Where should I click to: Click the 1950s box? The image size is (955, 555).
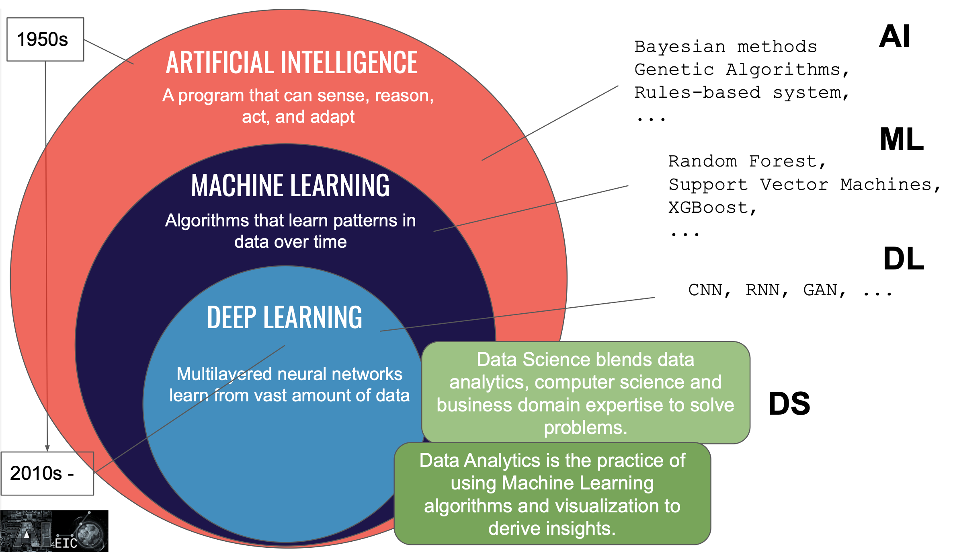click(45, 39)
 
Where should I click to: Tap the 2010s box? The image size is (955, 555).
click(47, 473)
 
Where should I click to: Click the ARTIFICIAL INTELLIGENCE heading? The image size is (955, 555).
click(292, 63)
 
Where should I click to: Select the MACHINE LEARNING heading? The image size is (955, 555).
click(290, 185)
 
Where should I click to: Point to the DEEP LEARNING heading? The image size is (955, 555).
click(285, 317)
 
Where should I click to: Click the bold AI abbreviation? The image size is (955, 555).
click(894, 37)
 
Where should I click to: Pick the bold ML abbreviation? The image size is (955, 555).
click(902, 140)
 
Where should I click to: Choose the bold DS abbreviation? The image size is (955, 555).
click(789, 404)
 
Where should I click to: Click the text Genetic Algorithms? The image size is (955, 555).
click(738, 70)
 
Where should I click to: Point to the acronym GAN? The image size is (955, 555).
click(820, 290)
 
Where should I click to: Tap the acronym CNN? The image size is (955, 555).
click(705, 290)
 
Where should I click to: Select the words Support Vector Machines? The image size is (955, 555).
click(800, 185)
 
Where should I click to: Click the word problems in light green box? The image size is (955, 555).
click(585, 428)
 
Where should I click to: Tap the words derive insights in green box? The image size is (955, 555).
click(551, 528)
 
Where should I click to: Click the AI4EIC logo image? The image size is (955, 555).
click(54, 531)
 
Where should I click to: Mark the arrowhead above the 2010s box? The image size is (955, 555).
click(47, 448)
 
